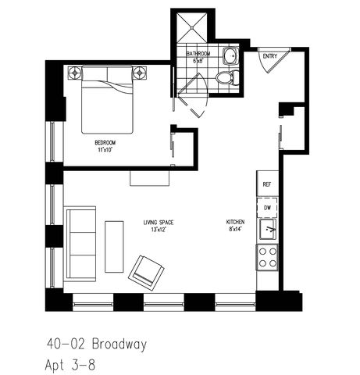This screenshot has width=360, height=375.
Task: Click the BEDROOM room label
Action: [105, 143]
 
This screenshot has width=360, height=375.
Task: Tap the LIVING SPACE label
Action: [159, 223]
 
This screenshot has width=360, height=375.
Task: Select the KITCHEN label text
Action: [235, 222]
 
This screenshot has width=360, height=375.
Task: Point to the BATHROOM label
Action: [198, 54]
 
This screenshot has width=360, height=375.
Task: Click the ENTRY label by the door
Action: [270, 56]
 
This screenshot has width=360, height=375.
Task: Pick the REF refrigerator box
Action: [267, 184]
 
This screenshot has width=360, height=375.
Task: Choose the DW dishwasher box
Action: [267, 208]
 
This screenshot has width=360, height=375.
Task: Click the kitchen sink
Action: [267, 229]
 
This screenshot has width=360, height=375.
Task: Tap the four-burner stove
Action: [268, 258]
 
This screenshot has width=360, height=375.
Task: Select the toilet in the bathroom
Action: [227, 77]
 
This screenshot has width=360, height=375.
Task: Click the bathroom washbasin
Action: [230, 56]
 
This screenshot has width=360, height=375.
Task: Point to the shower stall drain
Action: [192, 27]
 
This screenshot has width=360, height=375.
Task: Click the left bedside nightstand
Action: [75, 73]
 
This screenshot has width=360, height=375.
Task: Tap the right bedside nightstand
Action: [140, 73]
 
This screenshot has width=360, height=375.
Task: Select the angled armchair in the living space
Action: [146, 272]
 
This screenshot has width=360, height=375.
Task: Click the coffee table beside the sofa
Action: [114, 247]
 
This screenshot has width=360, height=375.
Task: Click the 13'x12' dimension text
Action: [159, 230]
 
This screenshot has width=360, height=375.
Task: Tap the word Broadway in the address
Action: [119, 345]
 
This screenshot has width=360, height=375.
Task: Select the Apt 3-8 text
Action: [70, 365]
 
